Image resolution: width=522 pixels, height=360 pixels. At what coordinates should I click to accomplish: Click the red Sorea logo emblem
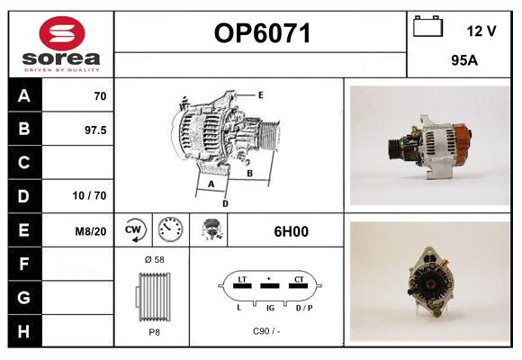62,33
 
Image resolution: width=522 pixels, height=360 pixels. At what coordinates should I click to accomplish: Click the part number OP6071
262,33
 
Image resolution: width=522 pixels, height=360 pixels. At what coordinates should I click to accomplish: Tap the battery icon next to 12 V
427,26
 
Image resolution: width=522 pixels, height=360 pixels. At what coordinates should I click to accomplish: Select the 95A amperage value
464,60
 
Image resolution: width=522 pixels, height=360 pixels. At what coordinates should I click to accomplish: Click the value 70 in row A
100,96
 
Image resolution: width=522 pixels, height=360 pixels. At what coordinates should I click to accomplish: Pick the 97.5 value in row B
95,130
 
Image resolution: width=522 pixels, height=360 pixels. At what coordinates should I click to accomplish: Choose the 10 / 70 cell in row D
90,195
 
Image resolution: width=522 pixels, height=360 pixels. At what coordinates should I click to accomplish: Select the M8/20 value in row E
91,231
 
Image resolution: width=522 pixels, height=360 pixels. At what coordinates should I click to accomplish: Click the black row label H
24,331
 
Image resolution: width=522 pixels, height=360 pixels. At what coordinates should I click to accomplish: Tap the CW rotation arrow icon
133,229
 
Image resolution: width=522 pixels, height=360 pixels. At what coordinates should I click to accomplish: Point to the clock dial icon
170,229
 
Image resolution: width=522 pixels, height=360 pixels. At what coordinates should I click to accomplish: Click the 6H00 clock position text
291,231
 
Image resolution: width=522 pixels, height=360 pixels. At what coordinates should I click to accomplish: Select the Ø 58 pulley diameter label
155,259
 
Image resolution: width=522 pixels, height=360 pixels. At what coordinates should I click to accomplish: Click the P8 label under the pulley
154,332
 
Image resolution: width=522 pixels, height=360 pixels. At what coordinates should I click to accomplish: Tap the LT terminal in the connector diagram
242,279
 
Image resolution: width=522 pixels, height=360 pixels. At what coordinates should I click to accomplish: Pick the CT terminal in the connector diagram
299,279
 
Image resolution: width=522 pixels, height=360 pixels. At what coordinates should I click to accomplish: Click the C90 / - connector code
266,331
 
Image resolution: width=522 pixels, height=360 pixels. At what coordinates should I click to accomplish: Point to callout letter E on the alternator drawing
261,95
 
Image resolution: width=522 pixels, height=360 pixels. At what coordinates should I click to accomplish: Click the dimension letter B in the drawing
249,174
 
